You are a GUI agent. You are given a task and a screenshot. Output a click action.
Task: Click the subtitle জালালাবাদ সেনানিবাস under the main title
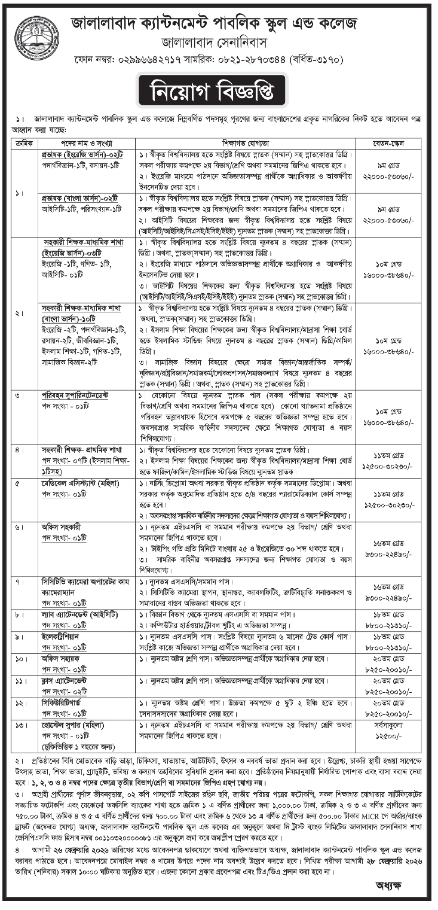tap(218, 43)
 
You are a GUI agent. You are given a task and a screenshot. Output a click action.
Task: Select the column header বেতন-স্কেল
tap(388, 144)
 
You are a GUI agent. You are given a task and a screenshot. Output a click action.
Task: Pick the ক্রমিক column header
tap(26, 144)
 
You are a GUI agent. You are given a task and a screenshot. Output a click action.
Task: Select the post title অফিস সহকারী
tap(62, 527)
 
